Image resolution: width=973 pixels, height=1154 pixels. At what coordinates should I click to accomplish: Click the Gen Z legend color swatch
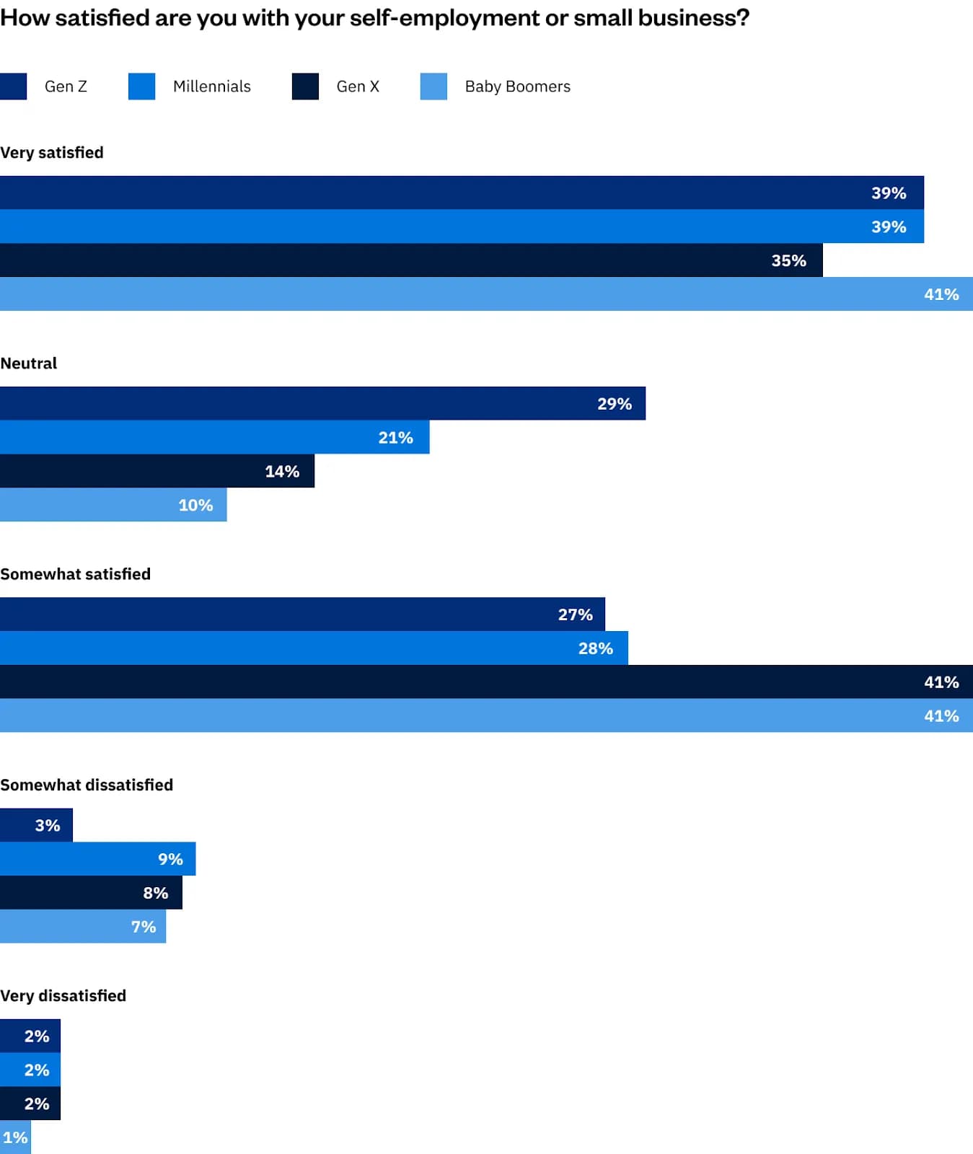click(13, 87)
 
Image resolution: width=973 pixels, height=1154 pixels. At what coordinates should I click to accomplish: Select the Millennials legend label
click(211, 87)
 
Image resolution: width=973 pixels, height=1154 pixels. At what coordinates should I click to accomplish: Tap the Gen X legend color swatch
click(305, 87)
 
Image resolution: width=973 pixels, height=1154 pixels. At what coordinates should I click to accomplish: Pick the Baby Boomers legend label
click(517, 87)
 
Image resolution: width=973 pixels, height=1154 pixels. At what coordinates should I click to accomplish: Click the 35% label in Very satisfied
click(788, 260)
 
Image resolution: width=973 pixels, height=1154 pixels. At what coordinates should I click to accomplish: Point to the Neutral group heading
click(29, 364)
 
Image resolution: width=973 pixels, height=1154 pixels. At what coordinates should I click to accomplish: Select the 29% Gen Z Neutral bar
click(322, 403)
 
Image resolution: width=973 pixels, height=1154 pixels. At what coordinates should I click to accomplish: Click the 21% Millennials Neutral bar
click(214, 437)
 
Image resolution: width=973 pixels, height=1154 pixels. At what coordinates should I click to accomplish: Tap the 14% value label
click(282, 471)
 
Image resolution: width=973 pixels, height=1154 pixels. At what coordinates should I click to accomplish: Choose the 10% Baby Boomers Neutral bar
click(113, 505)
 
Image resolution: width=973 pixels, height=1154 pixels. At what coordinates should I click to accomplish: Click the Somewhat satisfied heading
click(76, 574)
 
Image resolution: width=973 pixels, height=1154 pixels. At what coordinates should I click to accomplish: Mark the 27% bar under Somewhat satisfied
click(302, 614)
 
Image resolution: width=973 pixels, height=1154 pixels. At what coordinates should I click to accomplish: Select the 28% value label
click(595, 648)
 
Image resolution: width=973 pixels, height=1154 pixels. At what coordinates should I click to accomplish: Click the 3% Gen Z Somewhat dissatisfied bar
click(36, 825)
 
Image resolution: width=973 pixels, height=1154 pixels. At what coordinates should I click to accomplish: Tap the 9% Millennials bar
click(97, 858)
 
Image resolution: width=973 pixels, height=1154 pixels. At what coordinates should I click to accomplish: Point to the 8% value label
click(155, 893)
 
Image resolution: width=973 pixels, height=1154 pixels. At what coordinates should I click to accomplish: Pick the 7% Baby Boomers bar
click(83, 926)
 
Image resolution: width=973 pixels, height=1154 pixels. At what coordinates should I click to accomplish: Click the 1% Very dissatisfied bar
click(15, 1137)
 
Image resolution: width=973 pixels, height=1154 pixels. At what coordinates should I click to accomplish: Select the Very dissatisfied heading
click(63, 996)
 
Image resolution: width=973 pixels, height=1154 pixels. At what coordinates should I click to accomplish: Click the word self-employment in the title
click(445, 18)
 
